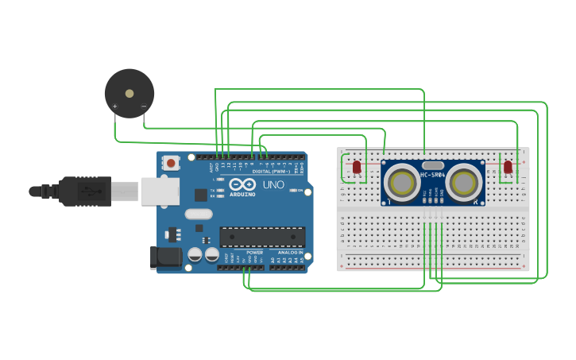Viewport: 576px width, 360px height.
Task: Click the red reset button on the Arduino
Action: click(171, 164)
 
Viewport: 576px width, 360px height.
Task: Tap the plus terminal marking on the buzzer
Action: click(115, 106)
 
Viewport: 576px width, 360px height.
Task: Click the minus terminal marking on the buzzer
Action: click(144, 106)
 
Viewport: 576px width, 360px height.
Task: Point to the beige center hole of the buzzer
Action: click(130, 94)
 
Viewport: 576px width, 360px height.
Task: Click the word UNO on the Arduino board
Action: click(273, 184)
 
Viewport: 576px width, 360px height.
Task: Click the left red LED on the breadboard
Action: click(356, 167)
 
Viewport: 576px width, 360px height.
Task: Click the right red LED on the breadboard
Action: click(508, 167)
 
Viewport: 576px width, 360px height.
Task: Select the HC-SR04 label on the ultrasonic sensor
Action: click(433, 175)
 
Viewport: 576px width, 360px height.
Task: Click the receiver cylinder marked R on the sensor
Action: click(463, 182)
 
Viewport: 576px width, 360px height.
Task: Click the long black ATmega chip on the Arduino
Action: click(262, 237)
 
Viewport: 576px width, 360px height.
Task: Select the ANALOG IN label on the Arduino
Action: click(290, 252)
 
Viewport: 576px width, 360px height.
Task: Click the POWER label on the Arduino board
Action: click(254, 252)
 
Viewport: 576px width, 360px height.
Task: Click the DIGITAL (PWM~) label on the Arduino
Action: click(270, 171)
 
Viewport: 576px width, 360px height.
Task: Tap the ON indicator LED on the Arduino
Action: click(294, 191)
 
